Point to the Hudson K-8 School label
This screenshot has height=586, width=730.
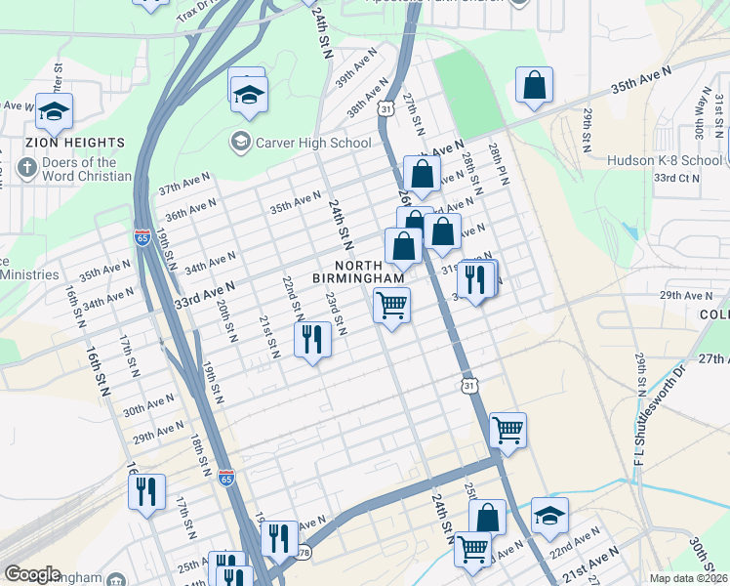click(665, 160)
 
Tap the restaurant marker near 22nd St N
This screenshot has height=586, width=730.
click(312, 341)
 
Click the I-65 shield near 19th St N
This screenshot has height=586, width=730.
click(142, 237)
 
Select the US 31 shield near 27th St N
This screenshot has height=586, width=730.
click(387, 110)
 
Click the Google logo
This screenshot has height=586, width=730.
click(32, 574)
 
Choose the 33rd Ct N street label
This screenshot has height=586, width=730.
click(677, 178)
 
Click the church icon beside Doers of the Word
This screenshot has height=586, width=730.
click(26, 169)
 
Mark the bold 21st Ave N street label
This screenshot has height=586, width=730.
click(588, 559)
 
